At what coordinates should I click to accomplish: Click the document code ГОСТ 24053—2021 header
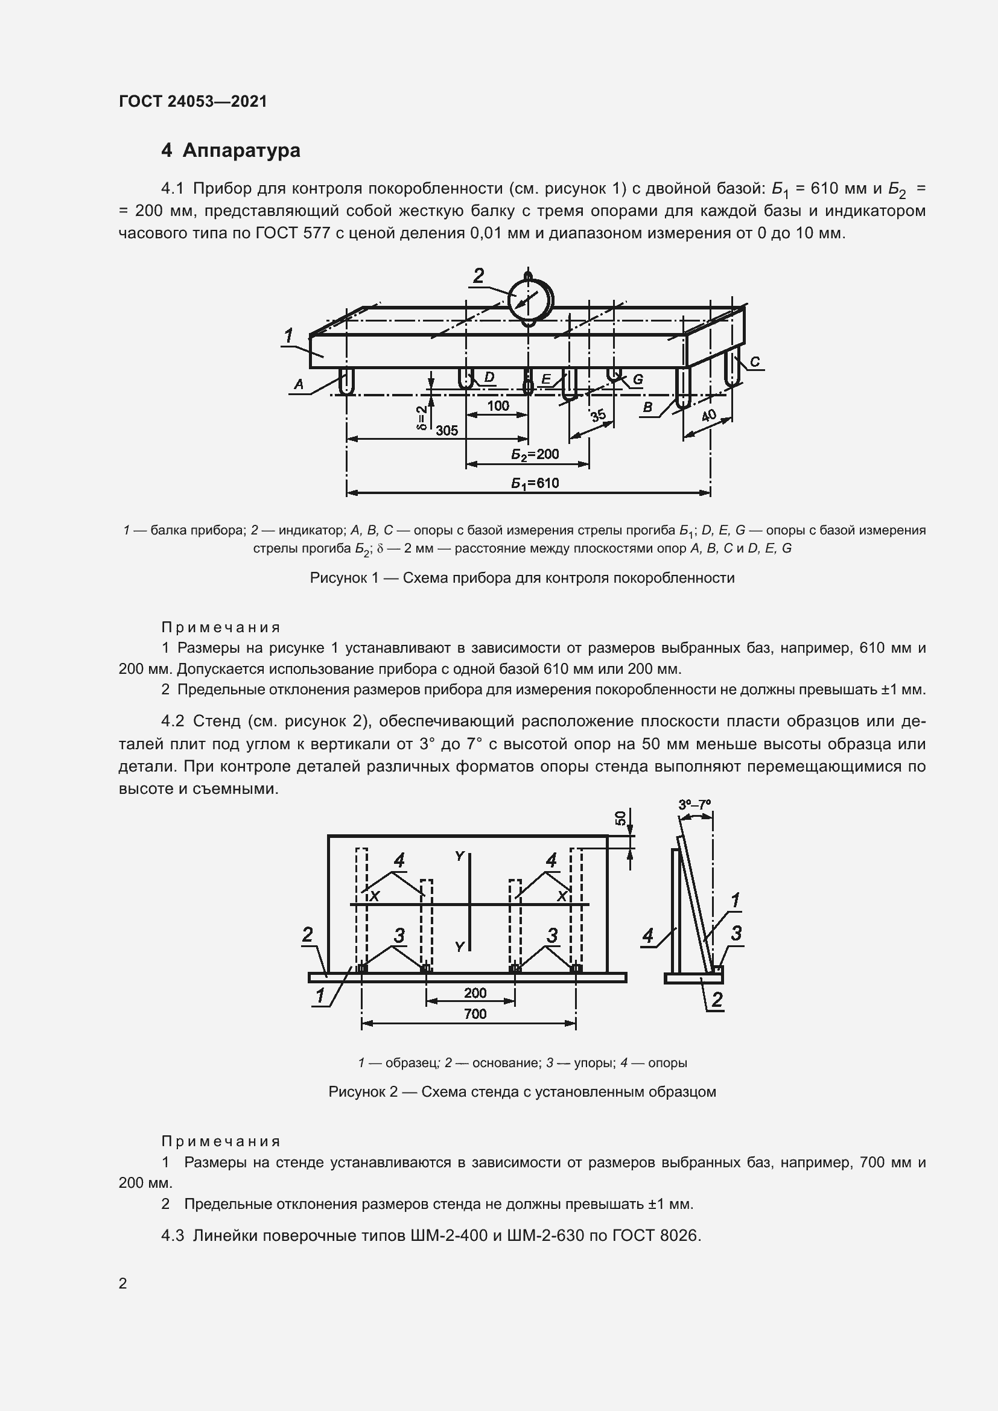point(193,101)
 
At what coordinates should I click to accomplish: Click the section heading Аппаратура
point(241,150)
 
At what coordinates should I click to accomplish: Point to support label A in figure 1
point(299,385)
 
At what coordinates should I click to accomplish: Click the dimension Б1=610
point(535,483)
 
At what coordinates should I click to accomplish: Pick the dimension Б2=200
point(535,454)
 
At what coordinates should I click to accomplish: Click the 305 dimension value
point(447,430)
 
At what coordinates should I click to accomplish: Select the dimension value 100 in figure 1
point(498,405)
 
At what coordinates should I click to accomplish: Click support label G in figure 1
point(638,379)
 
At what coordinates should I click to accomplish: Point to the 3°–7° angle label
point(694,805)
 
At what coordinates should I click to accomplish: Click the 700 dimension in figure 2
point(475,1013)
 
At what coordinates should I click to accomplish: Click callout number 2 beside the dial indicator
point(478,276)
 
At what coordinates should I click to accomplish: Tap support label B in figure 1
point(647,407)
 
